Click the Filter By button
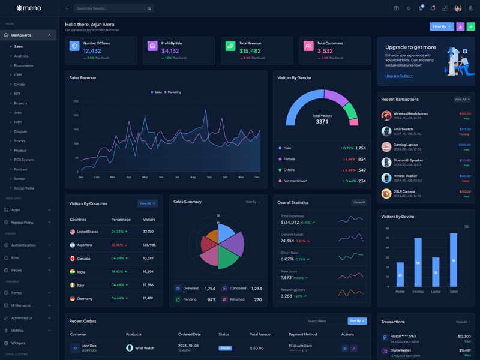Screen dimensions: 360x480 442,26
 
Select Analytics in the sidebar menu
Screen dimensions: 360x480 21,56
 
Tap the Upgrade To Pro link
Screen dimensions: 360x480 398,76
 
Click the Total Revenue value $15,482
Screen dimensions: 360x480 250,51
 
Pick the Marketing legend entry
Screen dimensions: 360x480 173,92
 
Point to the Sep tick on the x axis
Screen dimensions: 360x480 209,177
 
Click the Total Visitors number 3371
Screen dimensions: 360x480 322,122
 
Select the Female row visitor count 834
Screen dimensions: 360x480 361,159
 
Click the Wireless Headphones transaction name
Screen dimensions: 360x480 410,113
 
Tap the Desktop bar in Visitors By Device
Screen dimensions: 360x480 418,262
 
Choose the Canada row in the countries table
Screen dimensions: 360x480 83,259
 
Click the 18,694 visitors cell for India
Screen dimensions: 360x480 148,272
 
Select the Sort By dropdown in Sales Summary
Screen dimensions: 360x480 253,202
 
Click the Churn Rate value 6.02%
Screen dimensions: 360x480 287,259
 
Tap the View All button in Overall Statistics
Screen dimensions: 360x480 359,202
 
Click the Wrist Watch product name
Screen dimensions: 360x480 144,348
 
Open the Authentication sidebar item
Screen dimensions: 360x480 23,245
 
